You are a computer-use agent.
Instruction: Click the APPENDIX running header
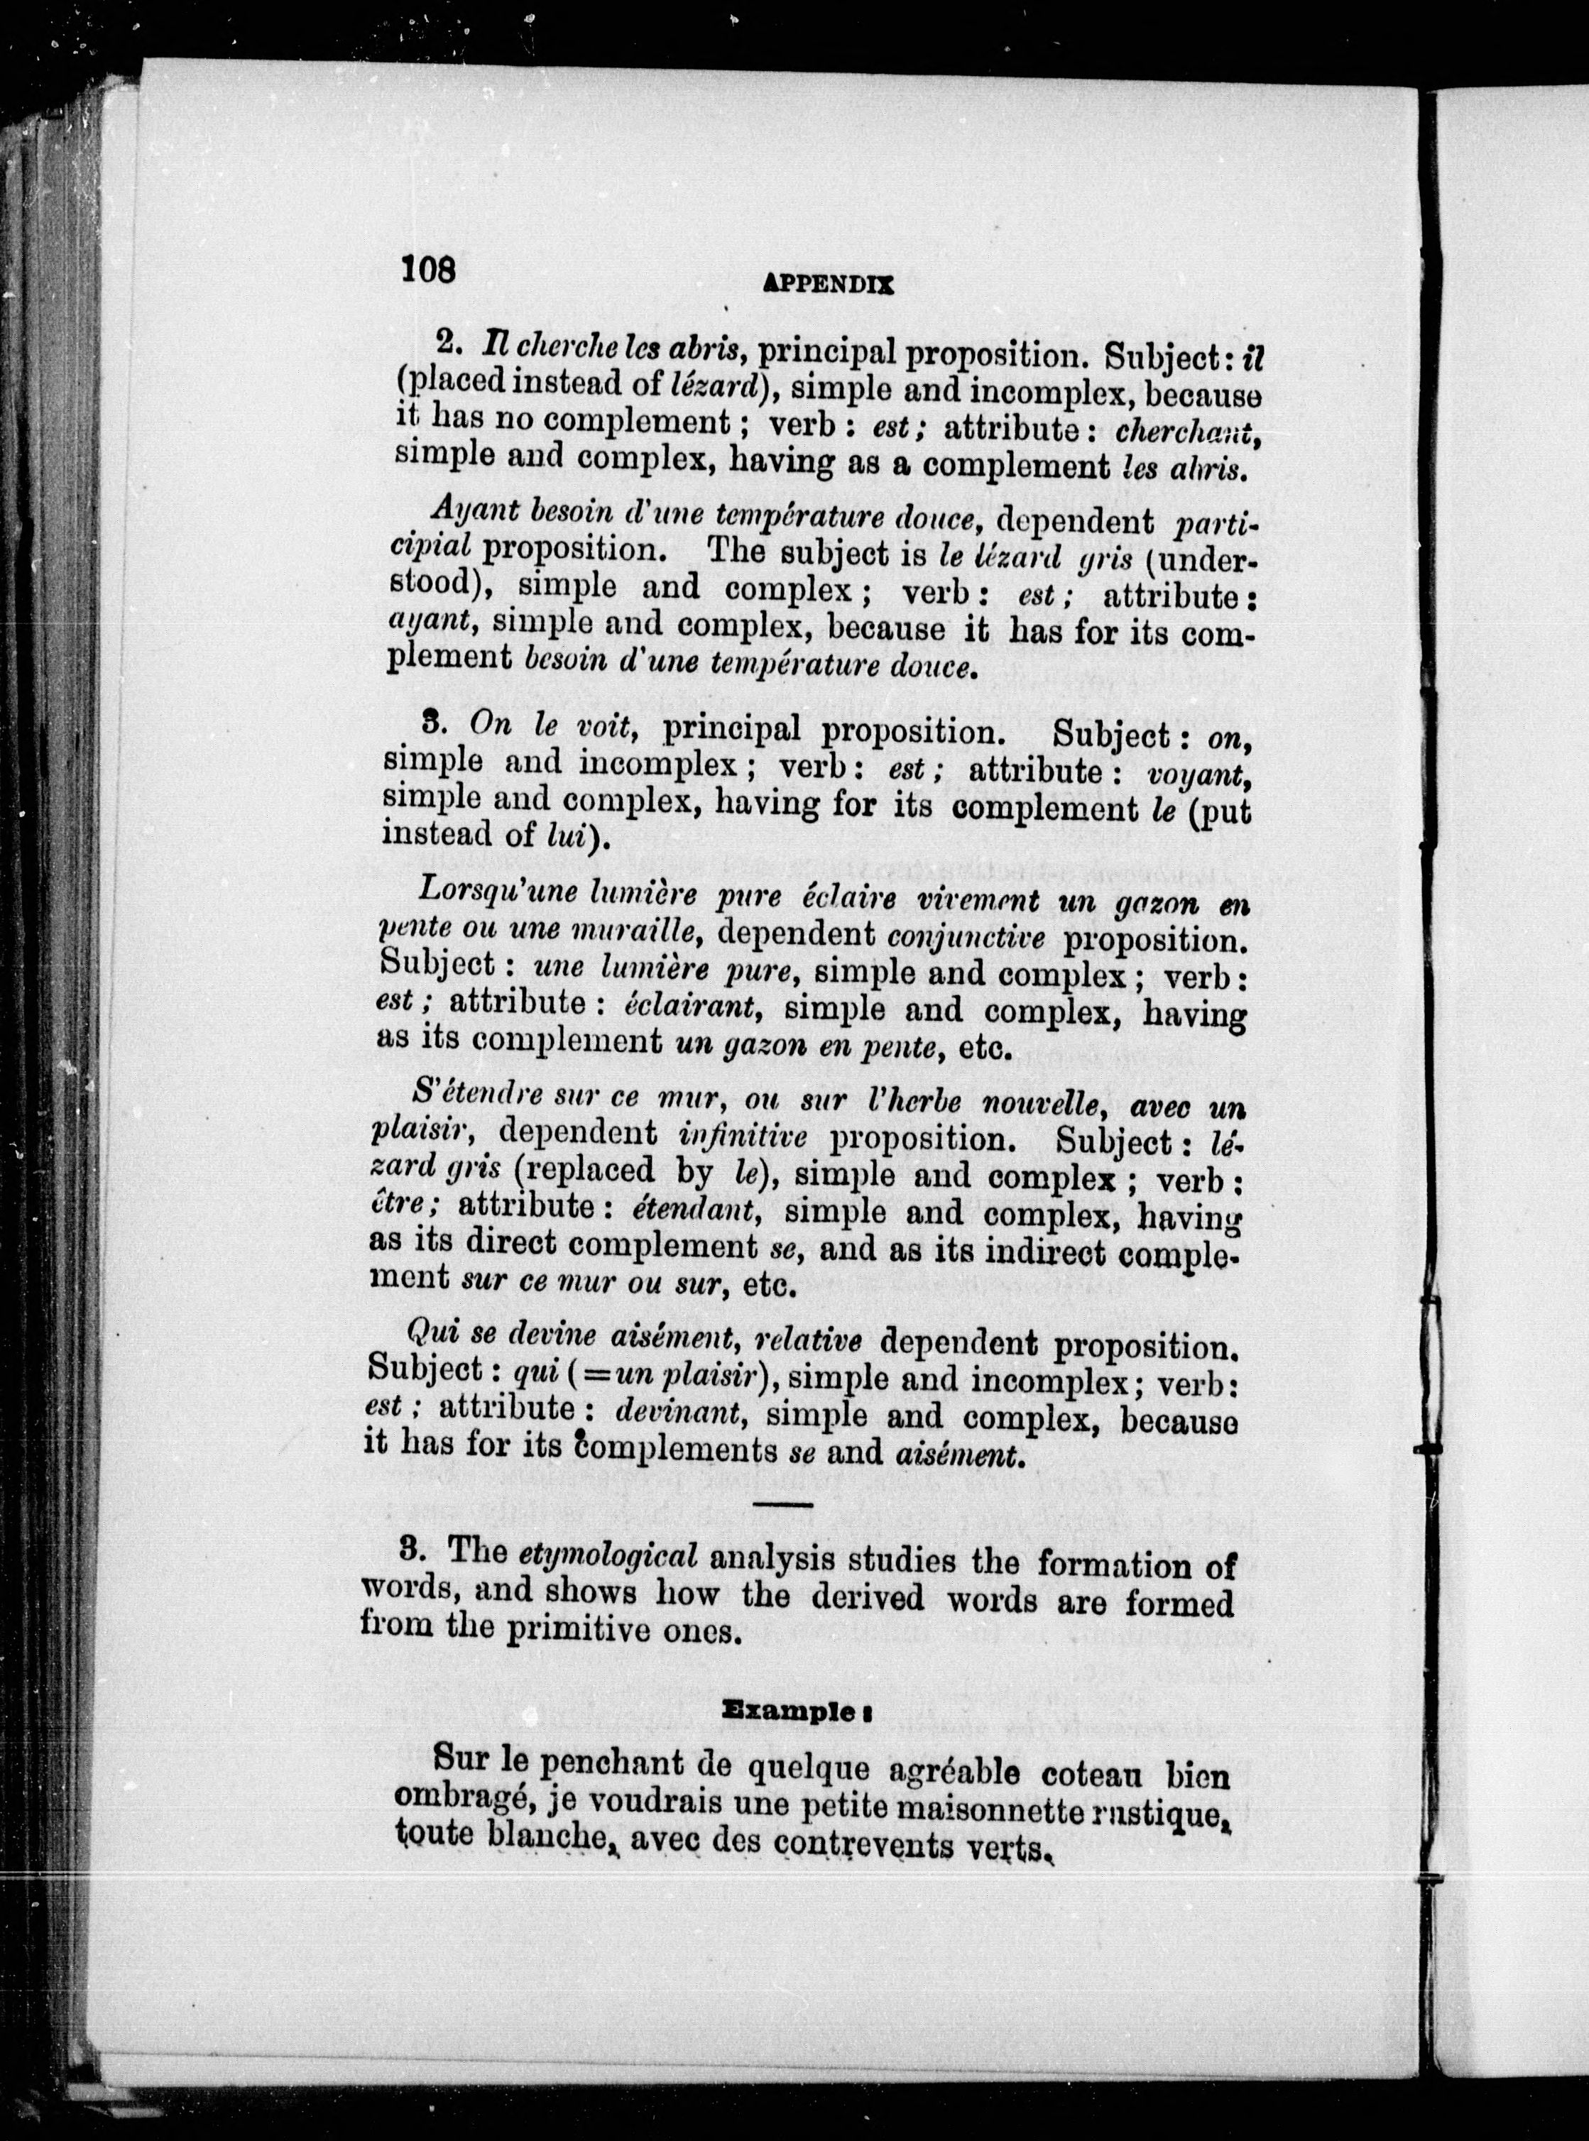coord(827,285)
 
